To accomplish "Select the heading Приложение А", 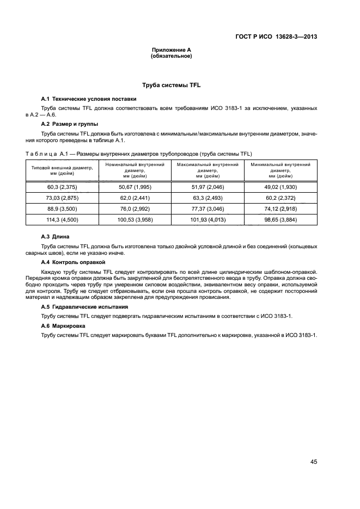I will [x=171, y=50].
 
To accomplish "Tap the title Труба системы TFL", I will [x=172, y=85].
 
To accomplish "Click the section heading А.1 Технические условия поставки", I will [x=89, y=99].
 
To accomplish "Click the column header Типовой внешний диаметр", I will [x=62, y=170].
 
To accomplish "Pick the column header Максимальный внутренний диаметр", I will [x=208, y=170].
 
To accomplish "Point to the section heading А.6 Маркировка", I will [x=64, y=326].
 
